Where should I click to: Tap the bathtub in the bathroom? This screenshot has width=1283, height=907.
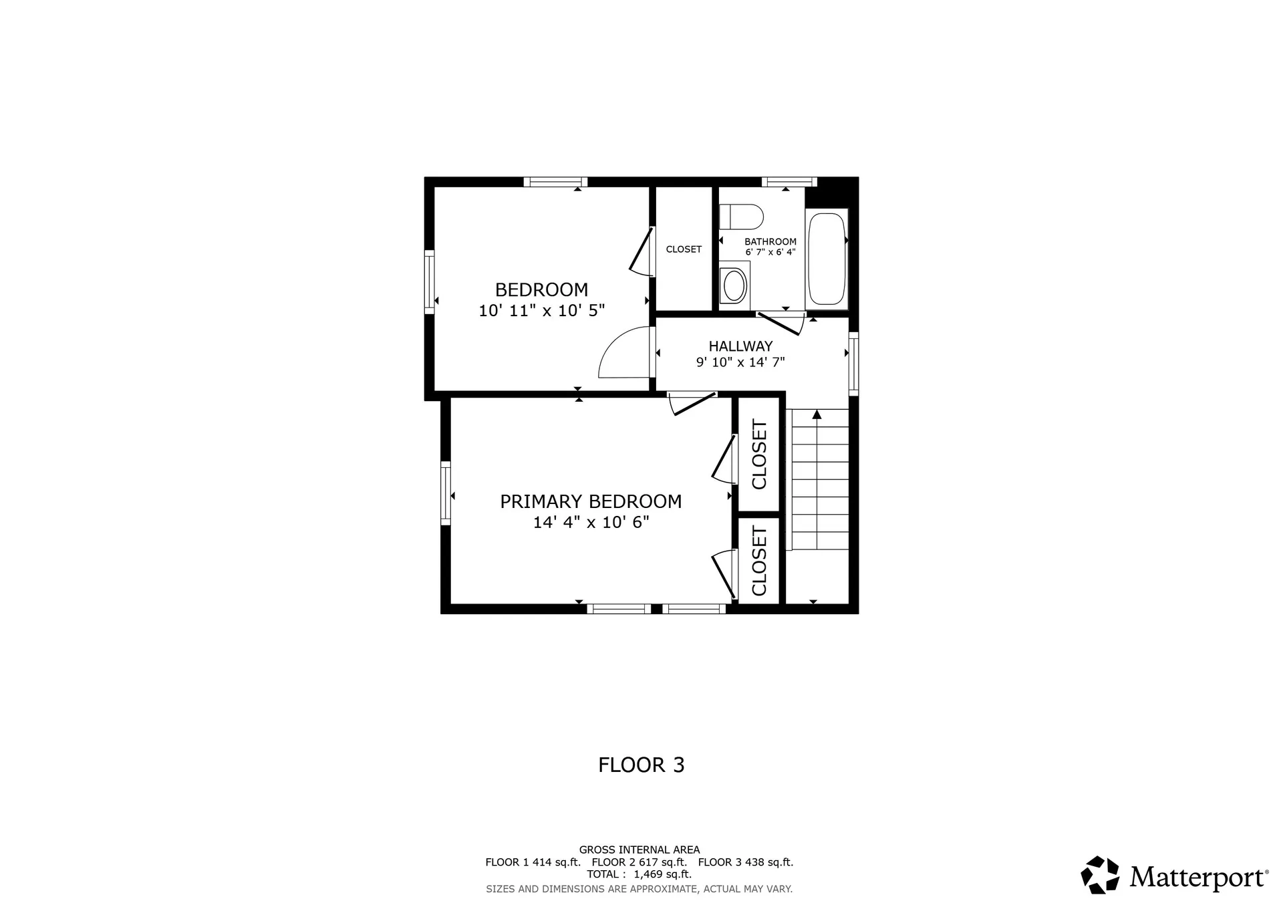827,259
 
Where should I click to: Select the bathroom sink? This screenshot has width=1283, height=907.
734,285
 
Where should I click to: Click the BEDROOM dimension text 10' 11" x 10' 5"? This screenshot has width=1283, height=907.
541,311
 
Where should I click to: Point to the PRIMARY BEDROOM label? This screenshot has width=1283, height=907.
591,501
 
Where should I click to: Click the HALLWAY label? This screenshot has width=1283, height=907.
740,346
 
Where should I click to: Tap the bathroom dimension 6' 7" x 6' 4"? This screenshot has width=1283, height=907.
770,253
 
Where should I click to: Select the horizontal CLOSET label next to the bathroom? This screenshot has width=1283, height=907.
684,249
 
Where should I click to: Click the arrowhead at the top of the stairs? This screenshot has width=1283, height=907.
817,414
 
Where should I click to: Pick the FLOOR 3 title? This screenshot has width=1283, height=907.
641,765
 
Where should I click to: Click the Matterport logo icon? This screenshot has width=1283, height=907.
1100,875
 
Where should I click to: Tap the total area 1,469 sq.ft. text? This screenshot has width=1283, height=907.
662,874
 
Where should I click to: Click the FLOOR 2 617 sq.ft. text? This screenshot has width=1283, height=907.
639,862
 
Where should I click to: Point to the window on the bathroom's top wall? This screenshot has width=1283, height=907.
789,182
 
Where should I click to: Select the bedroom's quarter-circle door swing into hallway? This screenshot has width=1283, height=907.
623,354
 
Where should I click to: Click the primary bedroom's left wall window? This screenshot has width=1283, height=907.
446,493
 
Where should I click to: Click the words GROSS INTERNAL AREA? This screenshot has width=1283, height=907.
639,850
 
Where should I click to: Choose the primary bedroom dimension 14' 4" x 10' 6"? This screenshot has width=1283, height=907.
591,522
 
